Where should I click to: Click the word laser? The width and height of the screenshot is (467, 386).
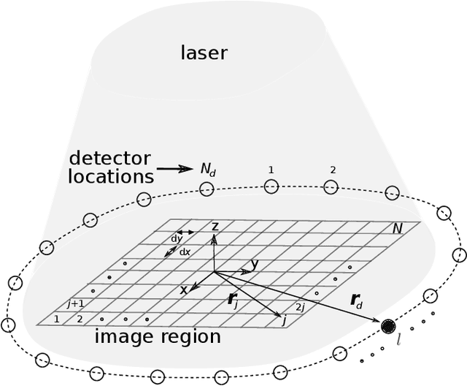point(204,53)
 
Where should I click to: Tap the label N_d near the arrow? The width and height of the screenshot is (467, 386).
point(208,169)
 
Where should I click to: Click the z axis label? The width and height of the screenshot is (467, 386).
point(215,227)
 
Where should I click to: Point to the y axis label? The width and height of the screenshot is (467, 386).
point(253,264)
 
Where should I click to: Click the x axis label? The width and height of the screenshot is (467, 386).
point(184,290)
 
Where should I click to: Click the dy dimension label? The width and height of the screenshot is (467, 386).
point(176,239)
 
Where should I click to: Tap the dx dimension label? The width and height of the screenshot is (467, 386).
point(185,252)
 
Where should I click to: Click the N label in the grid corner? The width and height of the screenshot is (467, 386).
point(397,230)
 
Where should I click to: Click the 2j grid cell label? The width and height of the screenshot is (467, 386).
point(299,307)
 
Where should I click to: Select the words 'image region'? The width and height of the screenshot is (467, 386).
point(158,337)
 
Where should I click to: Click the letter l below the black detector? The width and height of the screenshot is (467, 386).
point(398,340)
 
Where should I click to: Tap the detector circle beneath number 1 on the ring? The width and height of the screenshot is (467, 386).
point(271,186)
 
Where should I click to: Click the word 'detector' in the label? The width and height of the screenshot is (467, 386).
point(109,158)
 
